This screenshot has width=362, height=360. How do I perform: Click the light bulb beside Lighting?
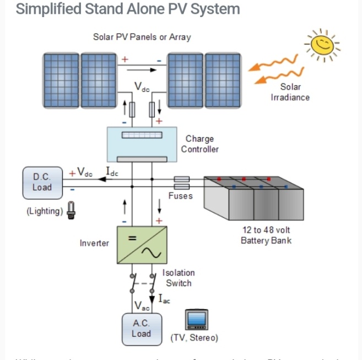(x=71, y=210)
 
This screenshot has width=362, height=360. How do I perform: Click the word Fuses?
(x=181, y=196)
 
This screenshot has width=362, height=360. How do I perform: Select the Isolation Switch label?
(x=179, y=278)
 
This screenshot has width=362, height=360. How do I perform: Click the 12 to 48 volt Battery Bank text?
(x=266, y=235)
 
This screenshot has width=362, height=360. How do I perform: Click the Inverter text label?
(x=94, y=243)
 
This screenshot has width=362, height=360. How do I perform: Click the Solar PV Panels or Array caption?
(x=142, y=37)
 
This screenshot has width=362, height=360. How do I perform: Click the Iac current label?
(x=164, y=299)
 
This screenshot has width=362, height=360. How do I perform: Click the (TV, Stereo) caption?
(x=194, y=337)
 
